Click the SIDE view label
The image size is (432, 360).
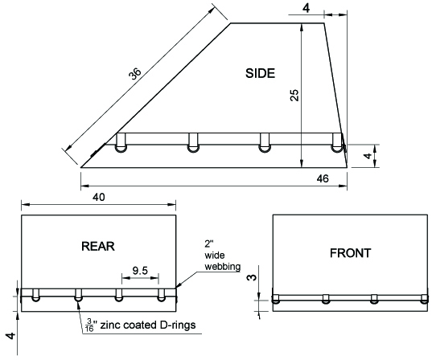[260, 73]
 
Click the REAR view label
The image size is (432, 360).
[98, 246]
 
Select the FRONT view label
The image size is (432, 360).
[351, 253]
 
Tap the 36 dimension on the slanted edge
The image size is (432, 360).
[135, 73]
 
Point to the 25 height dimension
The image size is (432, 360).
[294, 96]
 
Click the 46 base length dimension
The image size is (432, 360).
[323, 178]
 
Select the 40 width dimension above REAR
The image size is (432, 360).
[99, 197]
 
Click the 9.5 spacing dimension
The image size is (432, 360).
[140, 271]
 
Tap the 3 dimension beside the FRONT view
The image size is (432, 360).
[252, 277]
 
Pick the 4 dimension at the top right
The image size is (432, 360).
[306, 8]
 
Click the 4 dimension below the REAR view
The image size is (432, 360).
[11, 336]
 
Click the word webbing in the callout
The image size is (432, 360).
[223, 267]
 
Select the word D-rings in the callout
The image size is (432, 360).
[178, 325]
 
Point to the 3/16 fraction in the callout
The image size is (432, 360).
[90, 325]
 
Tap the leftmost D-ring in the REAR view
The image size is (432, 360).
[35, 295]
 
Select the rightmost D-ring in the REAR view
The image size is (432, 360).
[161, 295]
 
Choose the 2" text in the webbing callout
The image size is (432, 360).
[209, 243]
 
